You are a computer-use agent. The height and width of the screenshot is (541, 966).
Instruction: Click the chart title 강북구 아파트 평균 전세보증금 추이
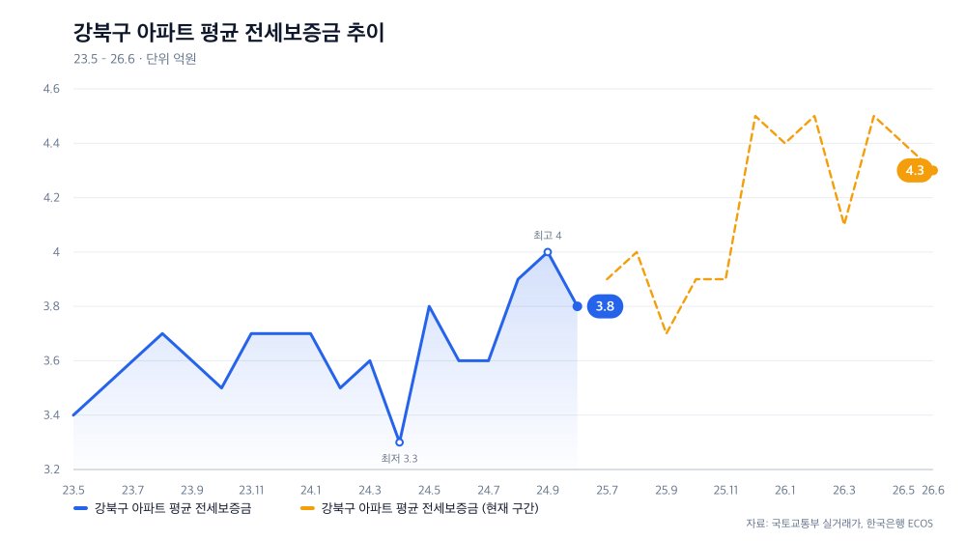(229, 33)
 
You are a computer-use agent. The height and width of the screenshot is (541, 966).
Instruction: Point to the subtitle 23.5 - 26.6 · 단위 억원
(135, 59)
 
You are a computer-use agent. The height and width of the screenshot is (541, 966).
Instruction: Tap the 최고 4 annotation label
(547, 236)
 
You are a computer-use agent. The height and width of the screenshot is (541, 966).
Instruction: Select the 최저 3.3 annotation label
(399, 459)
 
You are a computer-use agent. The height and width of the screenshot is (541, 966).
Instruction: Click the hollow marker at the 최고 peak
(547, 252)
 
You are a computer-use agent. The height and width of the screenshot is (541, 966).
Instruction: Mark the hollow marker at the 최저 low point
(399, 442)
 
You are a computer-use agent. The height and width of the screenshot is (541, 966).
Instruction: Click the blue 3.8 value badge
(605, 306)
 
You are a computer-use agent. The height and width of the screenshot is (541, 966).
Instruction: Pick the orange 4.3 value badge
(915, 171)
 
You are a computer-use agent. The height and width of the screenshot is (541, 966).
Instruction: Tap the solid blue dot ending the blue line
(578, 306)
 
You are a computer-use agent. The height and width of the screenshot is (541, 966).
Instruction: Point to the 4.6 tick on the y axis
(51, 89)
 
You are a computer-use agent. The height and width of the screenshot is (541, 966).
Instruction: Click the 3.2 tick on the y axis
(51, 470)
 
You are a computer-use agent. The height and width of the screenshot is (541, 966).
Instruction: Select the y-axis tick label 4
(56, 252)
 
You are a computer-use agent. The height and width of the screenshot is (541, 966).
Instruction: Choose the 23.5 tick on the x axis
(73, 491)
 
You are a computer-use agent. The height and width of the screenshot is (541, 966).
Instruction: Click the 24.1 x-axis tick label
(310, 491)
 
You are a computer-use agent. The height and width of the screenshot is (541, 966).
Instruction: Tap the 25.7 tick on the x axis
(607, 491)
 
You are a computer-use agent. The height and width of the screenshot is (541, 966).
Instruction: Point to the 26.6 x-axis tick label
(933, 491)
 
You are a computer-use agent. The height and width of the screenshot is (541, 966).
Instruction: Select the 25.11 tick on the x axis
(725, 491)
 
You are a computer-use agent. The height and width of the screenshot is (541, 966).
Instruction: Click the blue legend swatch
(81, 508)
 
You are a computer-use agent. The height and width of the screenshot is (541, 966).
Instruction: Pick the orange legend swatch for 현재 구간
(307, 508)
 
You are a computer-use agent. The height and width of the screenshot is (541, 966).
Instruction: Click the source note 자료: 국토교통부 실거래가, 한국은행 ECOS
(839, 524)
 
